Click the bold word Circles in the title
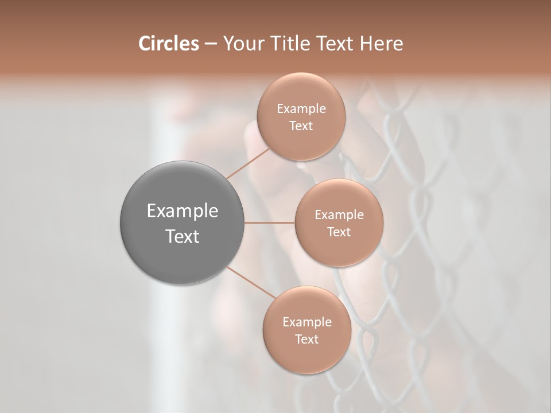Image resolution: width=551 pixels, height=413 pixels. click(168, 44)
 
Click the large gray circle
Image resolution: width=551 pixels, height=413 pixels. click(182, 252)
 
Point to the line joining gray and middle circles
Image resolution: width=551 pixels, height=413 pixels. click(269, 222)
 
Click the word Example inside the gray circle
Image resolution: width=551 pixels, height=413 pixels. click(183, 211)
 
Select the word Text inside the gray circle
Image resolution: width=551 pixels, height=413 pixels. click(183, 236)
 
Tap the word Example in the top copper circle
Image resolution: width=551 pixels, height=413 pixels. click(301, 108)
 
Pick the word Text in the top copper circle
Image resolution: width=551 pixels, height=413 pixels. click(301, 126)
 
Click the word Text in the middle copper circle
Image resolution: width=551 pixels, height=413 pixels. click(339, 232)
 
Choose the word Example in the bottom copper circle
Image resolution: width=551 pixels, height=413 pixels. click(307, 322)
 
